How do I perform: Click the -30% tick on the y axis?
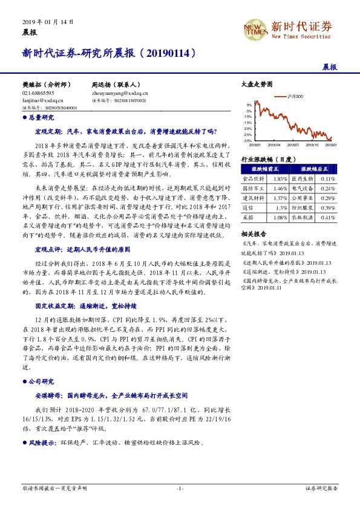(248, 140)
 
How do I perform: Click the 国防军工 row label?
(252, 188)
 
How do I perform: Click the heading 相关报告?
(253, 233)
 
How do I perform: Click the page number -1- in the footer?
(180, 487)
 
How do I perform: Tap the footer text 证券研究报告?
(321, 487)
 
